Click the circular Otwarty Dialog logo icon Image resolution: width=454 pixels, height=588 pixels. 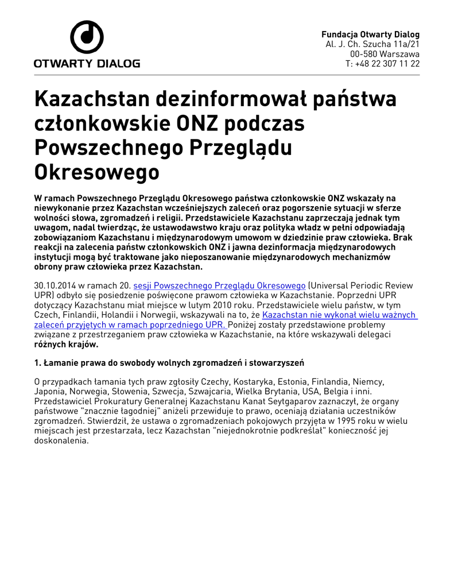point(87,37)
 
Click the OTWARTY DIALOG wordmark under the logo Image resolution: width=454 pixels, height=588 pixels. point(87,63)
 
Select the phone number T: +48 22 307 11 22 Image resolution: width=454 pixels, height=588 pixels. point(382,64)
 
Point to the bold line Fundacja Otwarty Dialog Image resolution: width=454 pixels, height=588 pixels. point(370,34)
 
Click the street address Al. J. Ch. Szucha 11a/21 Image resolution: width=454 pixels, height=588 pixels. point(372,44)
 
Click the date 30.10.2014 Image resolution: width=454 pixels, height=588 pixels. point(55,285)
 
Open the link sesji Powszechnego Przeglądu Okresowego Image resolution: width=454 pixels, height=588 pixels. point(219,285)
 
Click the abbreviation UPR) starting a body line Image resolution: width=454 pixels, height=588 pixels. point(44,295)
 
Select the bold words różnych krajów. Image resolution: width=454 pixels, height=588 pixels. point(66,345)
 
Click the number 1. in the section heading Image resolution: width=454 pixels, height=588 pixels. point(38,363)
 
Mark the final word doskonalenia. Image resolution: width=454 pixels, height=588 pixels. point(61,441)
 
